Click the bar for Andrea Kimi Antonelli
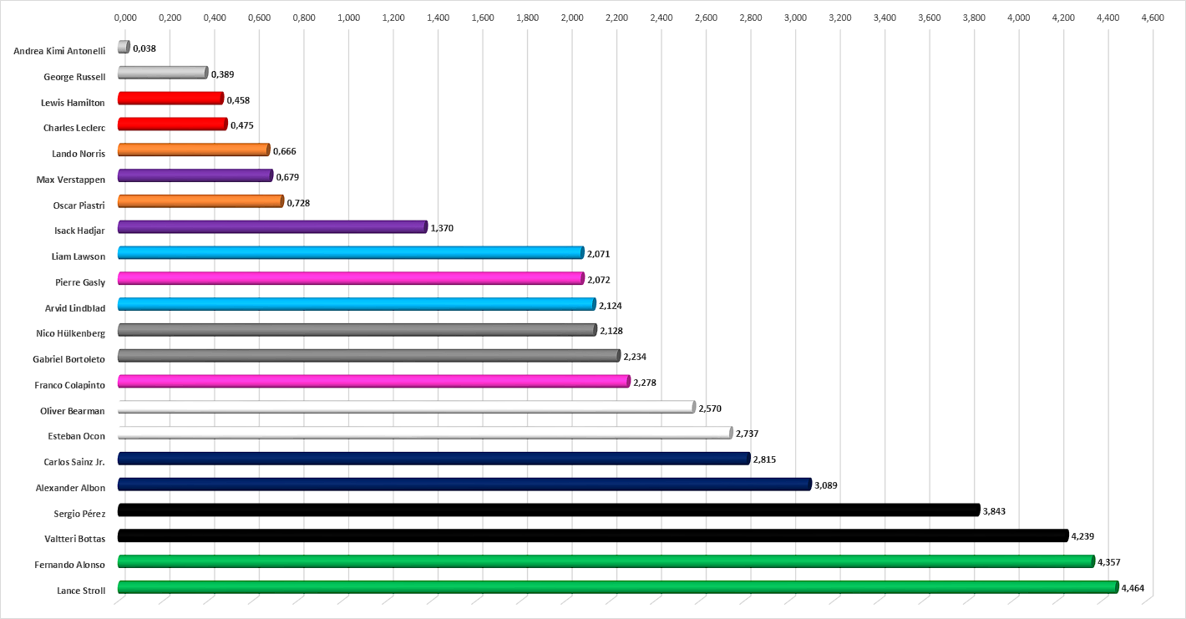[x=124, y=47]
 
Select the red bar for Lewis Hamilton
[x=170, y=98]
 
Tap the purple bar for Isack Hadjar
[x=272, y=226]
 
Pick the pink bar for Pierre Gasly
[x=351, y=278]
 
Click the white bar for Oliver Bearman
[x=407, y=407]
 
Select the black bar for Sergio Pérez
[x=549, y=510]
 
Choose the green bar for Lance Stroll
[x=618, y=586]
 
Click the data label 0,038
[x=144, y=48]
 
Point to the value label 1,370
[x=442, y=228]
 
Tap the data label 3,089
[x=826, y=485]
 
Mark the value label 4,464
[x=1133, y=588]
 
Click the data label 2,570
[x=710, y=408]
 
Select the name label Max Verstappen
[x=71, y=180]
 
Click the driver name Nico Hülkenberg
[x=70, y=333]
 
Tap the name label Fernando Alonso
[x=69, y=565]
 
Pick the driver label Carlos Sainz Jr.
[x=74, y=462]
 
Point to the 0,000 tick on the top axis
[x=125, y=18]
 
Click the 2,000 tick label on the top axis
[x=572, y=18]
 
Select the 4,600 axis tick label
[x=1153, y=18]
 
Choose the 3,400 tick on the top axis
[x=884, y=18]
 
